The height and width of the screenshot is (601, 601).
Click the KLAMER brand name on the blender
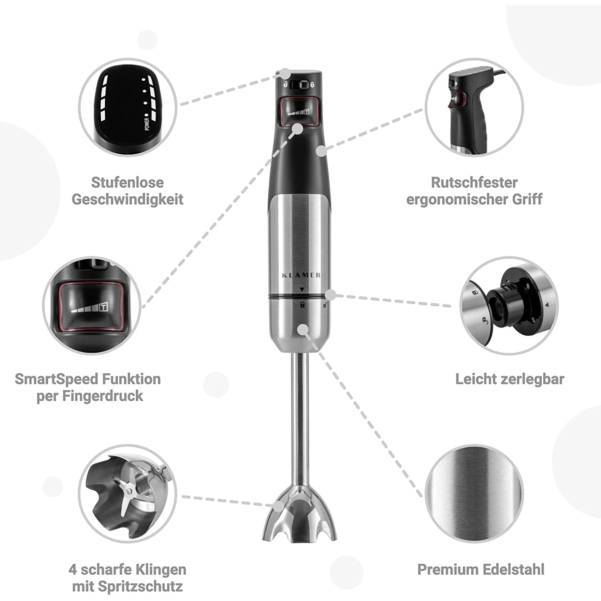pos(301,275)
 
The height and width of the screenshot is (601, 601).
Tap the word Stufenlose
pos(127,182)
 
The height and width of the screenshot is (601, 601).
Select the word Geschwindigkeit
pos(127,200)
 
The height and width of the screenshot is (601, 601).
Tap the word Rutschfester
pos(474,182)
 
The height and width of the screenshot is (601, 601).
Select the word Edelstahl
pos(514,569)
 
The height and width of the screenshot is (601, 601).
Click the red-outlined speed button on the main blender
pos(300,111)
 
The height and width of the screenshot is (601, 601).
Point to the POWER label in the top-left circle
pos(147,123)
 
